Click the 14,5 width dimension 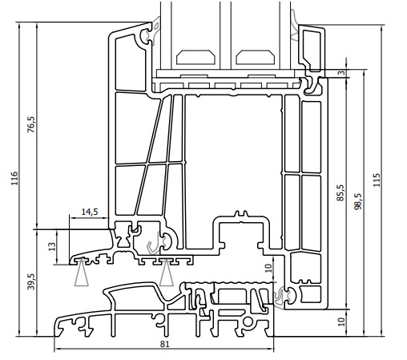click(90, 212)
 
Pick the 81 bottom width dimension click(164, 345)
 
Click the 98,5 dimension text click(358, 200)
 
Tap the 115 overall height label click(377, 181)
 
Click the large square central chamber click(232, 152)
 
